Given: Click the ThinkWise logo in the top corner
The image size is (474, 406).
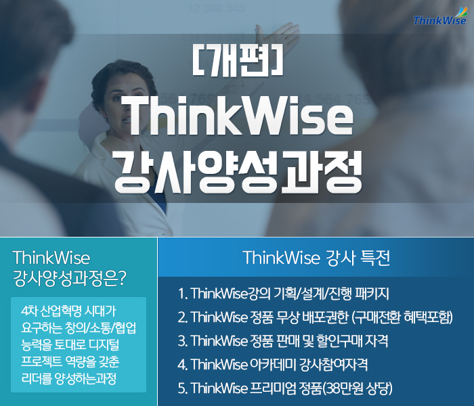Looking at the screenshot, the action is point(440,17).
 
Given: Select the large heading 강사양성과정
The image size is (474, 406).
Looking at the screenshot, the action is point(238,171).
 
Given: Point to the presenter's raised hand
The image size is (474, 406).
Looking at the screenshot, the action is point(276,34).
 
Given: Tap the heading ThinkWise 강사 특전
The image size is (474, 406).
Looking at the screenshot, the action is point(316,258).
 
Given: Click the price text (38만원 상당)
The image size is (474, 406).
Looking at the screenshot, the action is point(357,388).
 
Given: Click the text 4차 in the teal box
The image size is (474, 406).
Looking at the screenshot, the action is point(29,311).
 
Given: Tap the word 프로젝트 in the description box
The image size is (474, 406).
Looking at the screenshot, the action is point(41,361).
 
